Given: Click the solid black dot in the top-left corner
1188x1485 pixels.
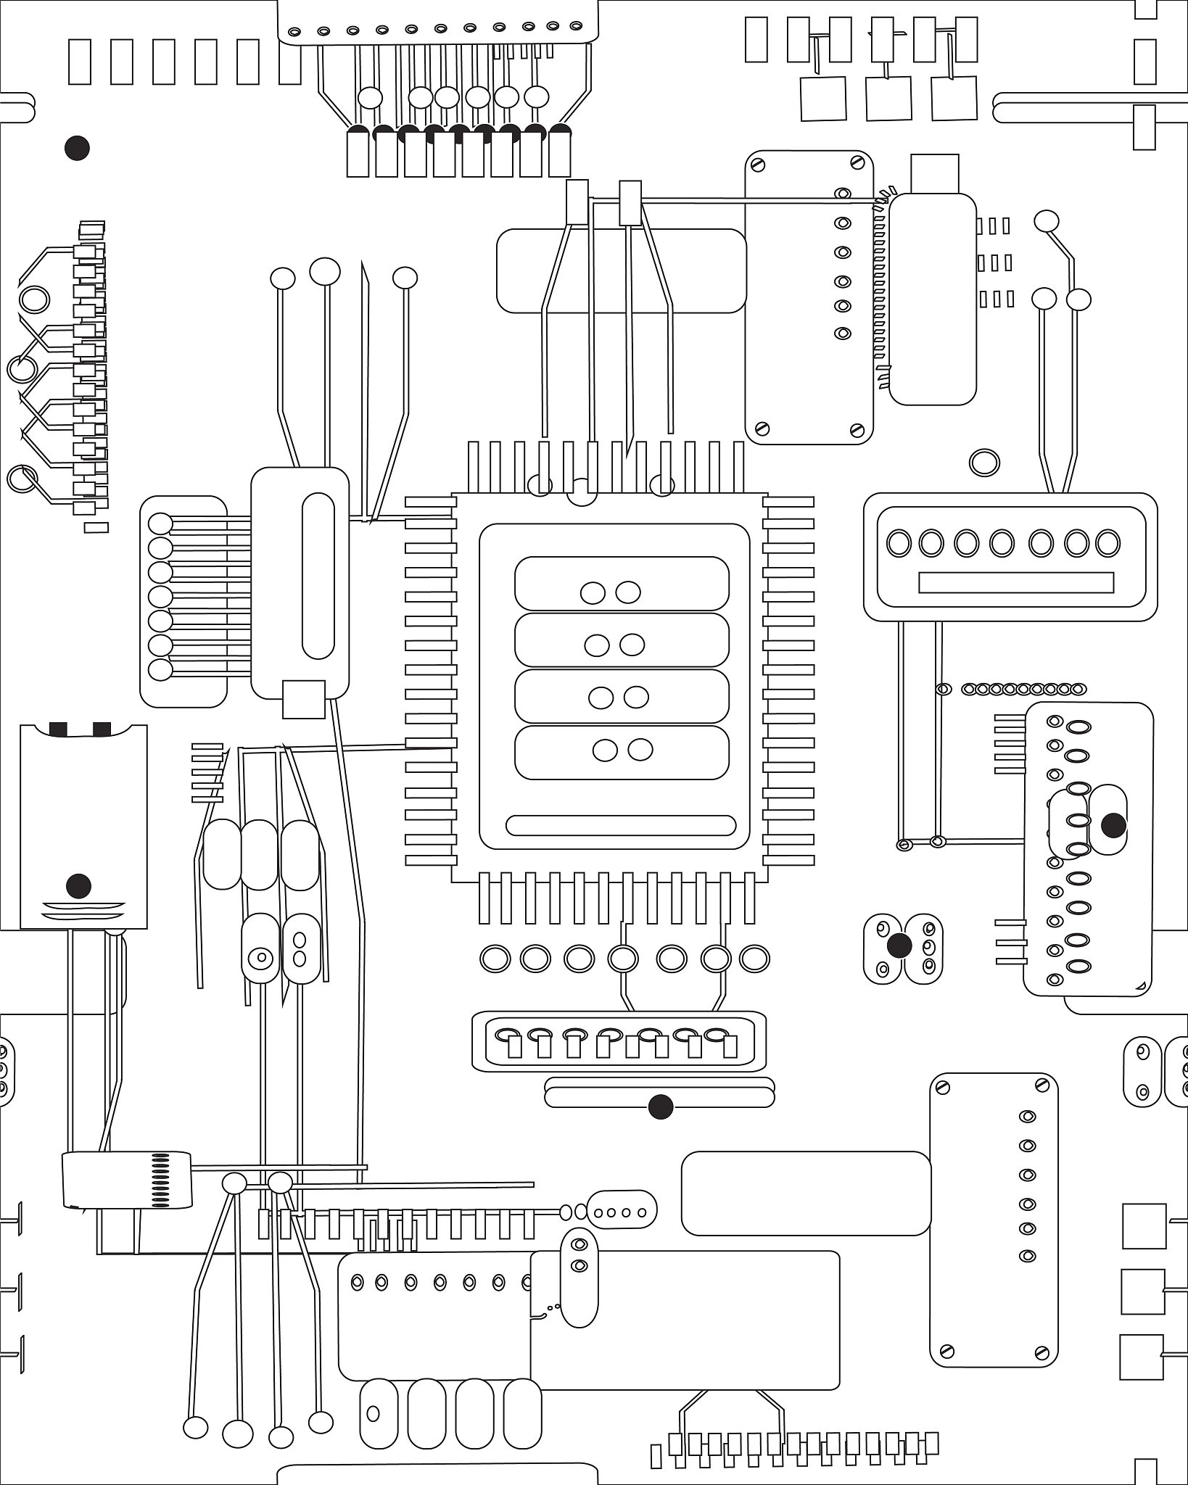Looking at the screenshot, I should tap(77, 149).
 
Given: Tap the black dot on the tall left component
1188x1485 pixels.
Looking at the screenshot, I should tap(78, 885).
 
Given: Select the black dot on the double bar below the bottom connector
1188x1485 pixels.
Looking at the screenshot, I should tap(660, 1107).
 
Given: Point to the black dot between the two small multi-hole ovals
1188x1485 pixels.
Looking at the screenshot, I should tap(899, 946).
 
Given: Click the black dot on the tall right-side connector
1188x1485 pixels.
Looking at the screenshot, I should tap(1113, 825).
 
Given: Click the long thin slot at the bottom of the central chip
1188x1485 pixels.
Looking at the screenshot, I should tap(621, 825).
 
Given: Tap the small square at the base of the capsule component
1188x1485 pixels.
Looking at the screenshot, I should tap(303, 700).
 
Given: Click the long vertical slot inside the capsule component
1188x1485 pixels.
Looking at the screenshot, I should tap(318, 576).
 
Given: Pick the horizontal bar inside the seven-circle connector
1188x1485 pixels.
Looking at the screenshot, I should tap(1015, 582).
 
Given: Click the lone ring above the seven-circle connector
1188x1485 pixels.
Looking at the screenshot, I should tap(984, 462).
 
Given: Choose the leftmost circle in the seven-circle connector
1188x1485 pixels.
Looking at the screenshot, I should tap(899, 543).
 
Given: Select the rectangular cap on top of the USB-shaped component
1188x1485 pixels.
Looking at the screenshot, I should tap(935, 174).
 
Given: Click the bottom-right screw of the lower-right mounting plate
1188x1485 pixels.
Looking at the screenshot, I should tap(1042, 1352).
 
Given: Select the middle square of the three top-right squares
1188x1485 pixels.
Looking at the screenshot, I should tap(888, 99).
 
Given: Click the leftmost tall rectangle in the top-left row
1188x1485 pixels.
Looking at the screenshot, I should tap(80, 62).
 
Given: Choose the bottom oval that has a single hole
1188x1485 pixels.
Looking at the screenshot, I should tap(379, 1413).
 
